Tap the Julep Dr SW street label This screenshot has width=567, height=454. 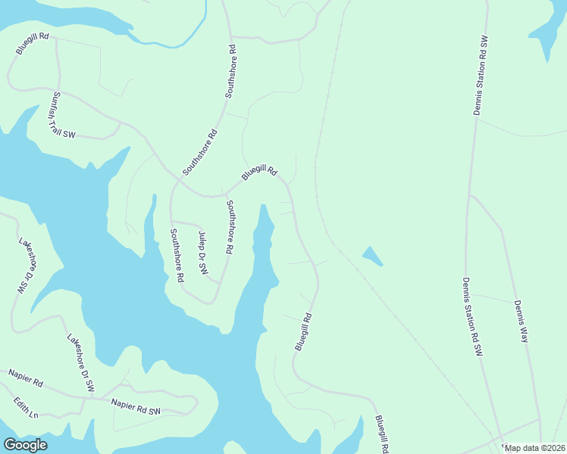(x=202, y=253)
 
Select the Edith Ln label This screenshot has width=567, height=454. (x=23, y=407)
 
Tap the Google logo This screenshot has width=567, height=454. (x=25, y=444)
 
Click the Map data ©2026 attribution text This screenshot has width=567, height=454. (x=534, y=448)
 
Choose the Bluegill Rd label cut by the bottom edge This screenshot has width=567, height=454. (x=381, y=434)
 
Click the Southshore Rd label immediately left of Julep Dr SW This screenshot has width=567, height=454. (x=177, y=255)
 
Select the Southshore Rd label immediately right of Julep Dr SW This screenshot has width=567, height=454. (x=229, y=226)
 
